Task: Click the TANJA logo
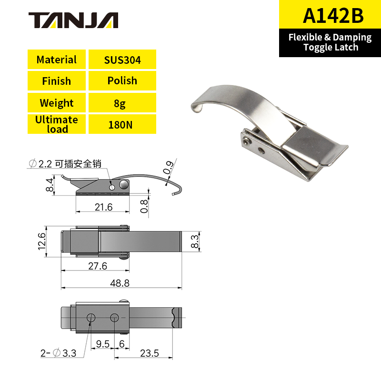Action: (x=73, y=20)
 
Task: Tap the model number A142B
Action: (x=333, y=16)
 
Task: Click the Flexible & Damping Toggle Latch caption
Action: (x=330, y=42)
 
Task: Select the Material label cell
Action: (x=56, y=60)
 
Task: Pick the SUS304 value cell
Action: (x=122, y=60)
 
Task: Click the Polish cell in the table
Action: (x=122, y=80)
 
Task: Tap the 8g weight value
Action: (x=122, y=103)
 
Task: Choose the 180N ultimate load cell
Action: (x=122, y=124)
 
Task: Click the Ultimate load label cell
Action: (x=56, y=124)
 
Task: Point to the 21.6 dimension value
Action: (x=103, y=207)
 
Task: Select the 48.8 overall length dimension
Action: (x=120, y=283)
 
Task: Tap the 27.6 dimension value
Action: (x=97, y=266)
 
